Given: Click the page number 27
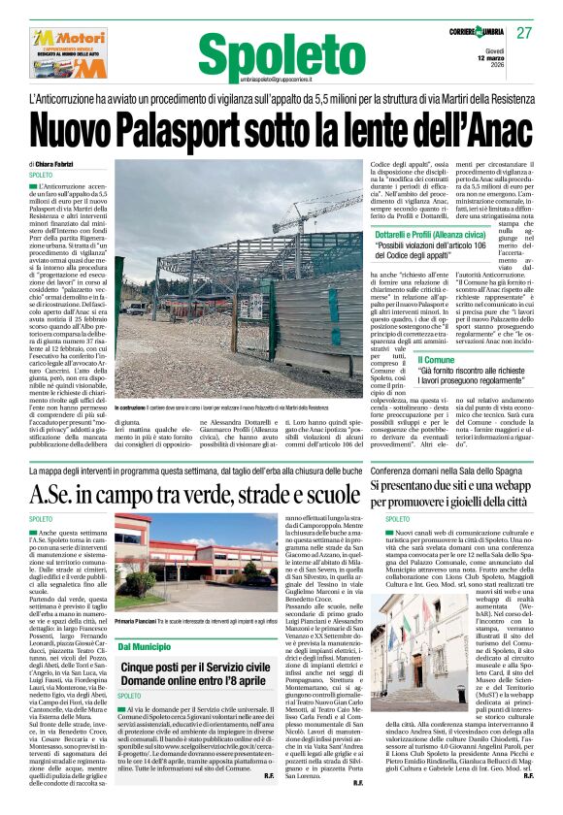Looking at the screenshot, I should coord(524,32).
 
